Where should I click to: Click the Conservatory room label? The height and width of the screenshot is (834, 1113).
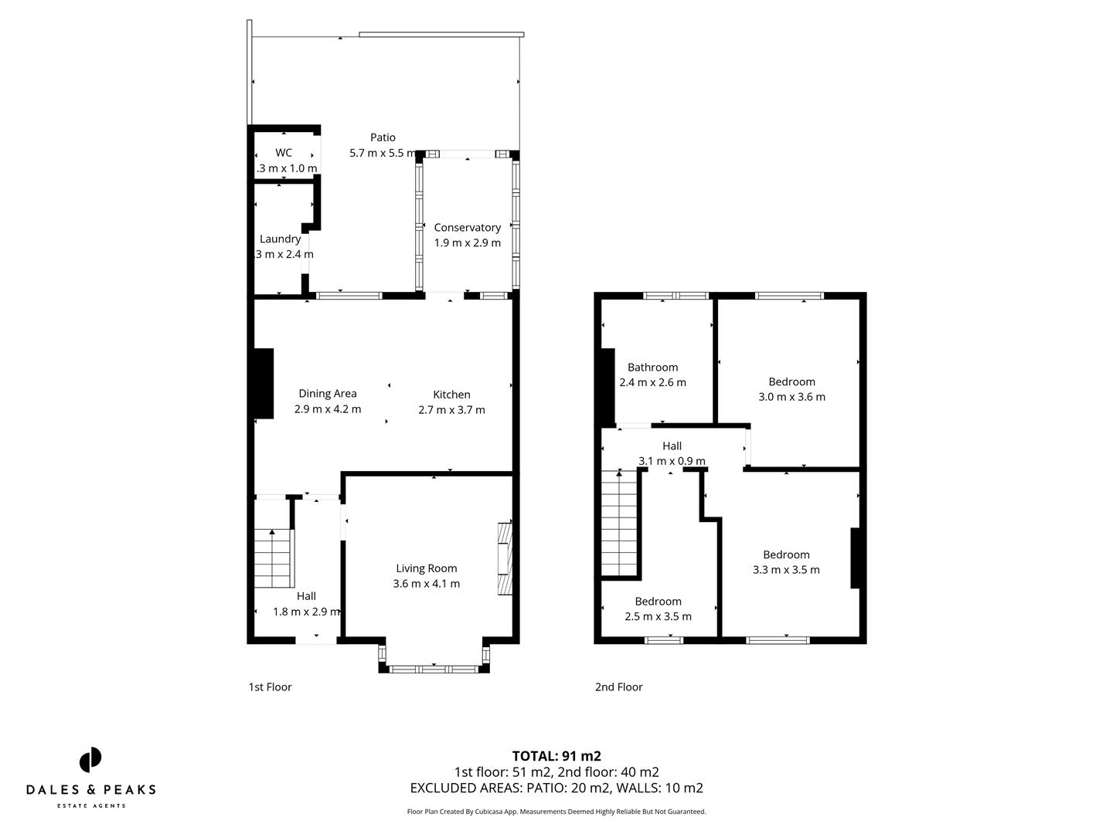pyautogui.click(x=467, y=227)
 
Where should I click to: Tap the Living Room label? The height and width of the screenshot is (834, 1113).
pyautogui.click(x=427, y=568)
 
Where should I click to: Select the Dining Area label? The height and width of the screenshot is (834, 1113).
pyautogui.click(x=328, y=394)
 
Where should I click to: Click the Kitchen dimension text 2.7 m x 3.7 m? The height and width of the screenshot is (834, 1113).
pyautogui.click(x=451, y=410)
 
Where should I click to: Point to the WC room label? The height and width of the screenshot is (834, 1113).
pyautogui.click(x=284, y=153)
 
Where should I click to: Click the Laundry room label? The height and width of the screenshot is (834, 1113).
pyautogui.click(x=280, y=239)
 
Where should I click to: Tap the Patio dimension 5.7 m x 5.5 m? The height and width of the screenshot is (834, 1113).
pyautogui.click(x=383, y=153)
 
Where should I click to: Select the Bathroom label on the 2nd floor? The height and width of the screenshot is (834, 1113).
pyautogui.click(x=652, y=368)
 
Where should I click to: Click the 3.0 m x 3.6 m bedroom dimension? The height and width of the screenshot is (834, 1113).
pyautogui.click(x=791, y=397)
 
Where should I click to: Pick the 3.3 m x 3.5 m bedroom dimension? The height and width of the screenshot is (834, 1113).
pyautogui.click(x=786, y=570)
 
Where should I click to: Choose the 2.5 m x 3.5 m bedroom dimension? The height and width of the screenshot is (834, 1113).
pyautogui.click(x=658, y=616)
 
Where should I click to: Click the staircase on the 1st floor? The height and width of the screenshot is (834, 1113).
pyautogui.click(x=274, y=558)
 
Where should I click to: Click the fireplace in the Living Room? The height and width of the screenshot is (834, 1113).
pyautogui.click(x=505, y=559)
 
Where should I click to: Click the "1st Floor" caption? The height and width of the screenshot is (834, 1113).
pyautogui.click(x=270, y=687)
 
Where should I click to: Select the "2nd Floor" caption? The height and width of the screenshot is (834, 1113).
pyautogui.click(x=618, y=687)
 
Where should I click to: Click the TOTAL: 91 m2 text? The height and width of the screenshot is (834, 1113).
pyautogui.click(x=556, y=756)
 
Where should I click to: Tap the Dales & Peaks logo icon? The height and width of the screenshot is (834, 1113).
pyautogui.click(x=90, y=760)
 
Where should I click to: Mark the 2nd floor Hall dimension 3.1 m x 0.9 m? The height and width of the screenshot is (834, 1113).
pyautogui.click(x=672, y=461)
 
